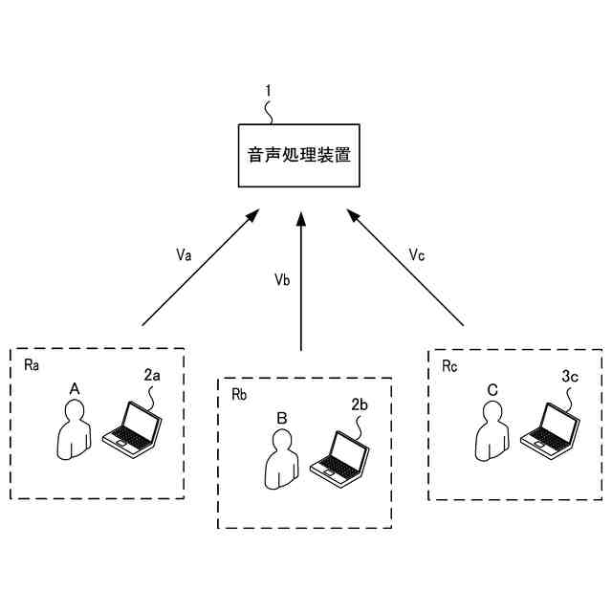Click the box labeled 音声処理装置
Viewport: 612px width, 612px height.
tap(299, 155)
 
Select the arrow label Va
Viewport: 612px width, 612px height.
tap(185, 255)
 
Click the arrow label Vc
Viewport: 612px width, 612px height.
tap(417, 255)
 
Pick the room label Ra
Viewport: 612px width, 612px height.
tap(32, 365)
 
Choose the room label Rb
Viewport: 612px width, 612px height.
tap(240, 394)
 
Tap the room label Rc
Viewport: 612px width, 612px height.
tap(450, 366)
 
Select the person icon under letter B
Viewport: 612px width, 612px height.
tap(282, 460)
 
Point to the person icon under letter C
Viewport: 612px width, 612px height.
tap(492, 431)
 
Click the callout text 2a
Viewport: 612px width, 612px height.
tap(152, 376)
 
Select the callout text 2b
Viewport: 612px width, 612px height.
tap(361, 404)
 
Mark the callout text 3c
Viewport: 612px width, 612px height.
tap(570, 377)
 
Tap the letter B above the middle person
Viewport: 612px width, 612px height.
tap(282, 417)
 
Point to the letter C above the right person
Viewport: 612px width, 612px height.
tap(492, 389)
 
